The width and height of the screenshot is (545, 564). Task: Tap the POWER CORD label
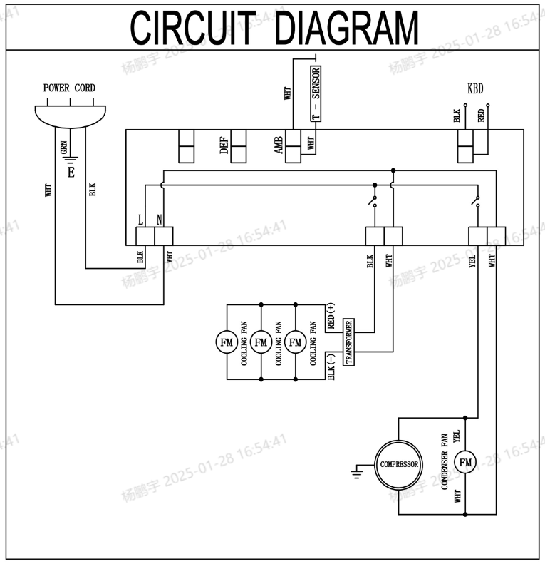click(x=69, y=88)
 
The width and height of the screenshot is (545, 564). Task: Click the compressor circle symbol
click(x=398, y=464)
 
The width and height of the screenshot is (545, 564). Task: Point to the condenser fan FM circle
click(x=465, y=463)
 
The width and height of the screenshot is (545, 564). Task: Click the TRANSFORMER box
click(x=349, y=342)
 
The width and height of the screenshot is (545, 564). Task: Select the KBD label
click(x=474, y=90)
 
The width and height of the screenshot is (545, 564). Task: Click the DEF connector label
click(x=224, y=145)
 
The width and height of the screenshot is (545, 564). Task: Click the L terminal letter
click(x=140, y=220)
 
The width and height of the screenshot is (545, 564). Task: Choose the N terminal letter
click(x=159, y=220)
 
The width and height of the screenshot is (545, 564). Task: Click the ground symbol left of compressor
click(x=358, y=471)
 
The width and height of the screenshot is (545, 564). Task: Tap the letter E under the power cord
click(x=70, y=172)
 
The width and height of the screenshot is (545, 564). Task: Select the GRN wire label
click(x=64, y=148)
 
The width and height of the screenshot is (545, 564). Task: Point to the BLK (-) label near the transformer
click(x=331, y=366)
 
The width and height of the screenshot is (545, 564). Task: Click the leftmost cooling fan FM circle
click(x=226, y=342)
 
